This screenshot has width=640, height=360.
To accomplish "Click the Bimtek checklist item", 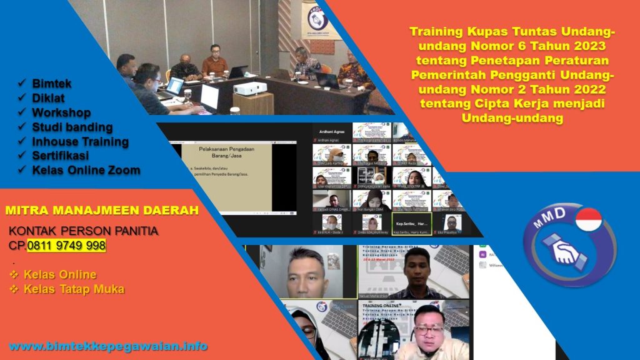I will pos(52,83).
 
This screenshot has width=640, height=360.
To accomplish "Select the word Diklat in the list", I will pos(48,97).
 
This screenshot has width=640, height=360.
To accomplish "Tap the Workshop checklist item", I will pos(61,112).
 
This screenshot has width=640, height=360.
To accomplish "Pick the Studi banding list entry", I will pos(72,127).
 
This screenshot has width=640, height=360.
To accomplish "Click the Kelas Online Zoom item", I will pos(86,170).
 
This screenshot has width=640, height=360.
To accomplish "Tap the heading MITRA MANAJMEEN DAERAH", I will pos(101,211).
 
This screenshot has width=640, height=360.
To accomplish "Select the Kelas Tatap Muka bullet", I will pos(74,289).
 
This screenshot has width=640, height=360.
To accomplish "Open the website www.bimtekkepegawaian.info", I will pos(108,346).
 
